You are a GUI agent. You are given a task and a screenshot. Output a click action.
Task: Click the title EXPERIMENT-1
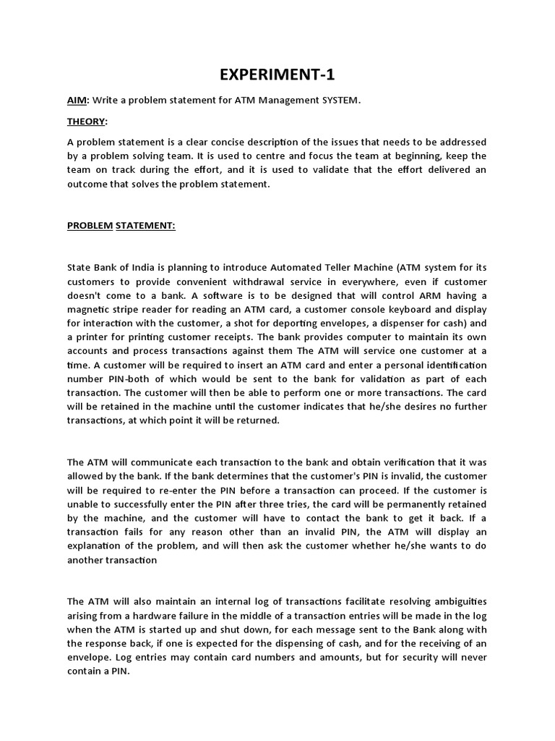pyautogui.click(x=277, y=75)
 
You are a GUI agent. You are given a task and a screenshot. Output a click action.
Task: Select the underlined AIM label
pyautogui.click(x=77, y=101)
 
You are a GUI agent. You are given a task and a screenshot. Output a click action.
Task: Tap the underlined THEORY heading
pyautogui.click(x=86, y=121)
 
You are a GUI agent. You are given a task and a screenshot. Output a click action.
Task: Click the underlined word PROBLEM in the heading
pyautogui.click(x=90, y=225)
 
